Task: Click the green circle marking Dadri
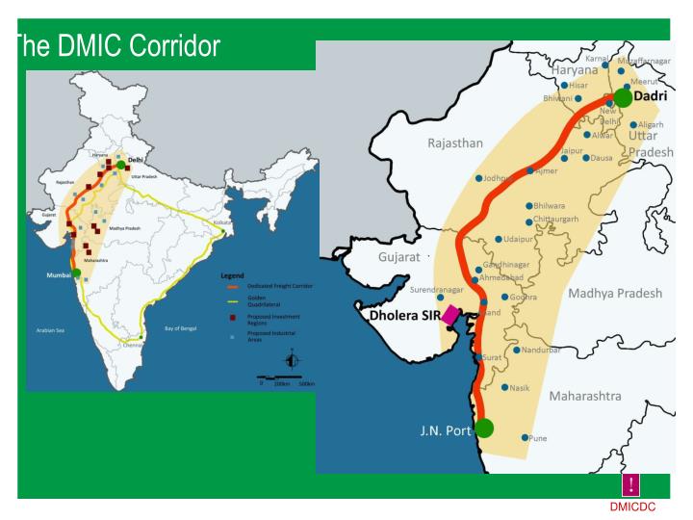click(x=623, y=97)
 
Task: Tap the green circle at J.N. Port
click(x=484, y=428)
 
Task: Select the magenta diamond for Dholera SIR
click(x=450, y=315)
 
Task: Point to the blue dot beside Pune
click(x=525, y=438)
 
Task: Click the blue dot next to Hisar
click(x=564, y=85)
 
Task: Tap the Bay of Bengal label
click(x=180, y=328)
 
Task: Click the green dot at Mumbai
click(x=76, y=273)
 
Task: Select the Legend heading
click(x=233, y=275)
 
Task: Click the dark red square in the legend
click(x=232, y=317)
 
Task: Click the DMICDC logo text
click(x=631, y=507)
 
